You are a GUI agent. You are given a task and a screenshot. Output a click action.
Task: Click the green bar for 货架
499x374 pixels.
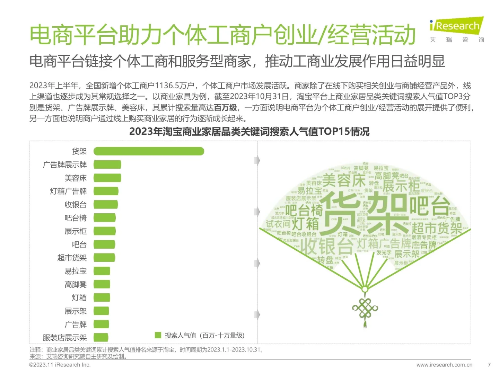[x=149, y=151]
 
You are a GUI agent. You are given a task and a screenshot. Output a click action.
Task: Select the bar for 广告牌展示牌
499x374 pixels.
[x=107, y=164]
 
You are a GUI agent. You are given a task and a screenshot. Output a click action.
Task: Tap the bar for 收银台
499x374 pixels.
[x=106, y=204]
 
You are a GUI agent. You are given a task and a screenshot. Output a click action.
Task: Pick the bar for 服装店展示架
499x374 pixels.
[x=101, y=337]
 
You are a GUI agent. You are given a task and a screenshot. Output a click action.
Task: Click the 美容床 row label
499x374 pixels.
[x=75, y=178]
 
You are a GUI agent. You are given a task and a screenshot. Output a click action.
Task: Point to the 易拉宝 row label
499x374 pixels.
[x=75, y=271]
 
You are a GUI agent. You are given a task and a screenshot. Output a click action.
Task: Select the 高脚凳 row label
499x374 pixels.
[x=75, y=284]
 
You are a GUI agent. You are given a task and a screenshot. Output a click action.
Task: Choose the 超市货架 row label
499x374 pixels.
[x=72, y=258]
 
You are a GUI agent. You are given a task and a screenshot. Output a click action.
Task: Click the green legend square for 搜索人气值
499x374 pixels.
[x=158, y=335]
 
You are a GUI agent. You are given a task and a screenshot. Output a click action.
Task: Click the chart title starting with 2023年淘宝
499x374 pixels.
[x=249, y=132]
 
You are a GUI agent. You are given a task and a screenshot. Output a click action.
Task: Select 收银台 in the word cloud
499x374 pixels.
[x=326, y=247]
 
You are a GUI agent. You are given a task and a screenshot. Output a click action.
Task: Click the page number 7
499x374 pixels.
[x=489, y=365]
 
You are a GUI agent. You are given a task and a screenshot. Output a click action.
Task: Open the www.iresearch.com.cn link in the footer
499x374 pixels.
[x=444, y=365]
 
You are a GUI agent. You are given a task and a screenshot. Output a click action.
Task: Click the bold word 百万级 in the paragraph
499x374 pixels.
[x=225, y=108]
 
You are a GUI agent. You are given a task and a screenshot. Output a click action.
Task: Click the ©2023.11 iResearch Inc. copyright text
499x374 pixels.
[x=60, y=365]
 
